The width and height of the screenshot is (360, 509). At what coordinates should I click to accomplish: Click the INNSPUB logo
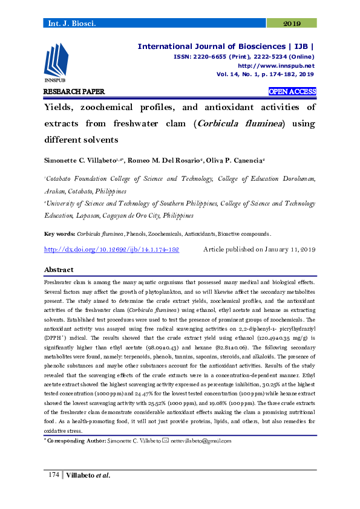click(56, 63)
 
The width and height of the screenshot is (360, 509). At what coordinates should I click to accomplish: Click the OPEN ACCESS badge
click(292, 92)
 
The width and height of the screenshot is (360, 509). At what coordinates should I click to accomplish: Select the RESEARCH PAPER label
click(74, 92)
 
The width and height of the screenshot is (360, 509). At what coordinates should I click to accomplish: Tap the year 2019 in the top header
click(292, 24)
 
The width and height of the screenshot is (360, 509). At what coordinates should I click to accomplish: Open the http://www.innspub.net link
click(276, 65)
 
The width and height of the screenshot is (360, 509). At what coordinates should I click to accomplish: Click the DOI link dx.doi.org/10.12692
click(112, 249)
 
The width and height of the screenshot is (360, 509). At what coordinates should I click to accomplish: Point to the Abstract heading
click(59, 270)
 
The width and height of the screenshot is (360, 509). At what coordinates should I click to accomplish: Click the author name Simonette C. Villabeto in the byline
click(82, 160)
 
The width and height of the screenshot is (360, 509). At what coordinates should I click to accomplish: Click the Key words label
click(59, 234)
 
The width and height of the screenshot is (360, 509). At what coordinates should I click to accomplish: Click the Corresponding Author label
click(76, 441)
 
